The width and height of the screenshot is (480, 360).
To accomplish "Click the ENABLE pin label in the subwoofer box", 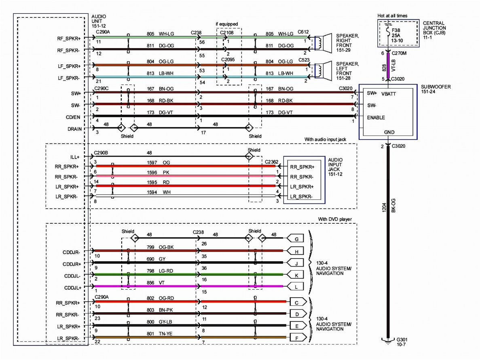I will (376, 118).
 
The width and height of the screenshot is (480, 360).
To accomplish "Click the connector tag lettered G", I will (296, 239).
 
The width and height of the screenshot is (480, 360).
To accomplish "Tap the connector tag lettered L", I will (296, 286).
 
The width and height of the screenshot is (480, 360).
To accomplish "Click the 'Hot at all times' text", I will (392, 16).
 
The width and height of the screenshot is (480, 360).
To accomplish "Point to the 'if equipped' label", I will (226, 24).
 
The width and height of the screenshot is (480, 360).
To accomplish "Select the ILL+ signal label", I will (75, 157).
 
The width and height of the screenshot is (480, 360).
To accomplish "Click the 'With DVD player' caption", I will (335, 219).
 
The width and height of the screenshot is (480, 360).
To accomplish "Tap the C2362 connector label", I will (271, 162).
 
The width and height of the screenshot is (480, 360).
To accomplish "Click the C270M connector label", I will (399, 53).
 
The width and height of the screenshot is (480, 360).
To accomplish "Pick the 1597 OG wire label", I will (158, 162).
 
